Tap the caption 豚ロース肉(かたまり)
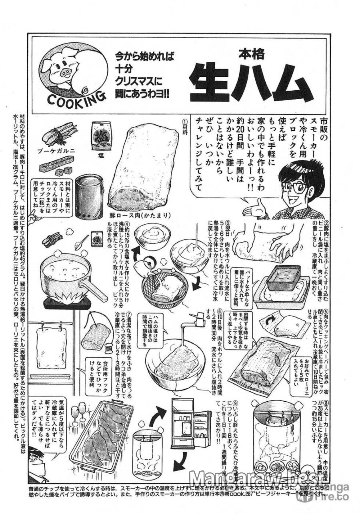[134, 215]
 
